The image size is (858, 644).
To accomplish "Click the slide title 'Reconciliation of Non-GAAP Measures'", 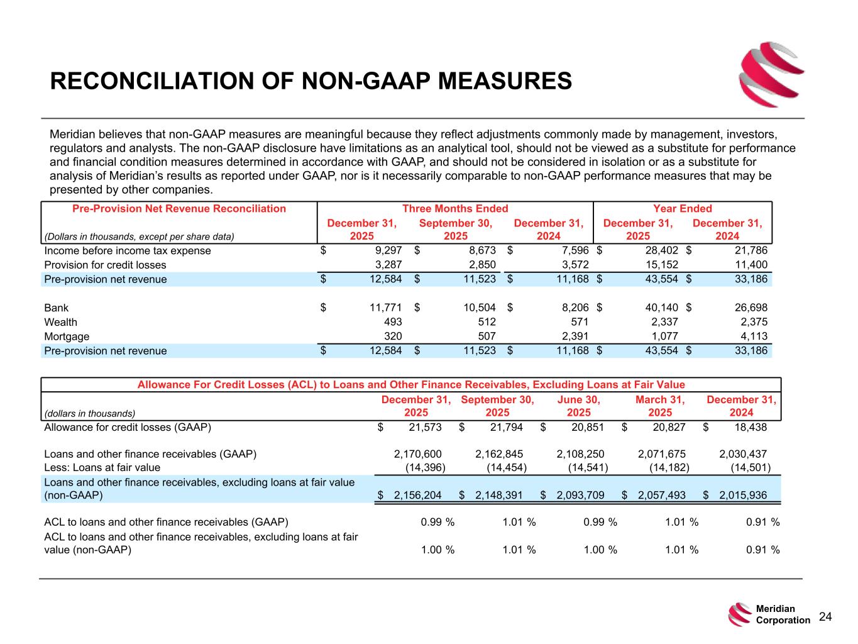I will tap(311, 82).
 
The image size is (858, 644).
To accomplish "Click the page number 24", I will tap(825, 617).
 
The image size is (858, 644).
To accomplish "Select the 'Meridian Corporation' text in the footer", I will tap(783, 614).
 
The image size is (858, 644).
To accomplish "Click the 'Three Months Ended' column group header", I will tap(455, 209).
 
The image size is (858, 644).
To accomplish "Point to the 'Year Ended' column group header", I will tap(683, 209).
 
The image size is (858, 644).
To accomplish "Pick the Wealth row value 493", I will tap(392, 322).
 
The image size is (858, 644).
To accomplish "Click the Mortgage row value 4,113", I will tap(754, 336).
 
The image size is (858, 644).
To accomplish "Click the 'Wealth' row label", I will tap(60, 322).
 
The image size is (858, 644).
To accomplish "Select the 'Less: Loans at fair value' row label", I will tap(102, 467).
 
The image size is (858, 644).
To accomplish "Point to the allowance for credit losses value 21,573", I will tap(422, 428).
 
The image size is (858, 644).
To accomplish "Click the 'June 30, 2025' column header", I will tap(578, 406).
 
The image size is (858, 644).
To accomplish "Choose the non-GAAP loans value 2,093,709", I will tap(580, 495).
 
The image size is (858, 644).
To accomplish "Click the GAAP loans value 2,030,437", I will tap(742, 454).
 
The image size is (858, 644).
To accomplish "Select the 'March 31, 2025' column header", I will tap(659, 406).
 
